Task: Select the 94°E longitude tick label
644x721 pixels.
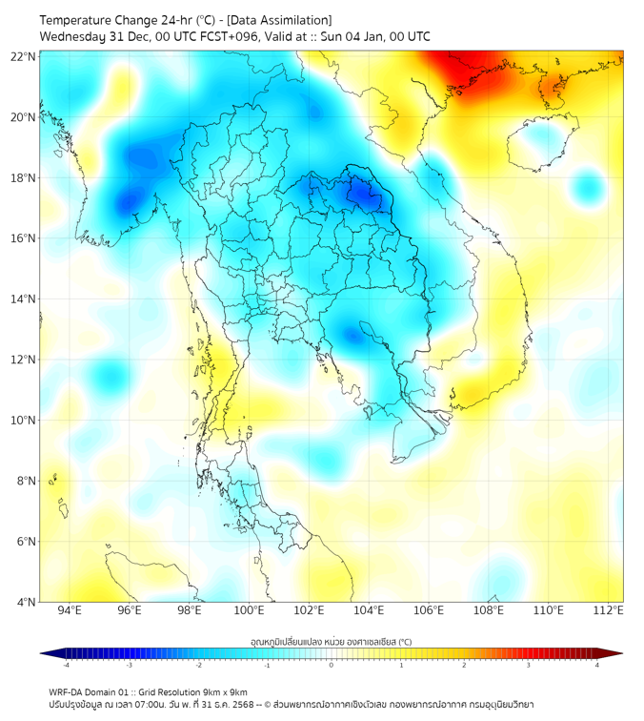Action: [x=70, y=611]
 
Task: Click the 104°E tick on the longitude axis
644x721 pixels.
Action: [x=369, y=611]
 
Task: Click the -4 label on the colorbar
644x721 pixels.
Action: [x=67, y=665]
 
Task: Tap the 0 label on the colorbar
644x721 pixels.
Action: [x=332, y=665]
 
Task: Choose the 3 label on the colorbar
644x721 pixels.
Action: [x=530, y=665]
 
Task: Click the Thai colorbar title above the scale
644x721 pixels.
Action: [x=331, y=642]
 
